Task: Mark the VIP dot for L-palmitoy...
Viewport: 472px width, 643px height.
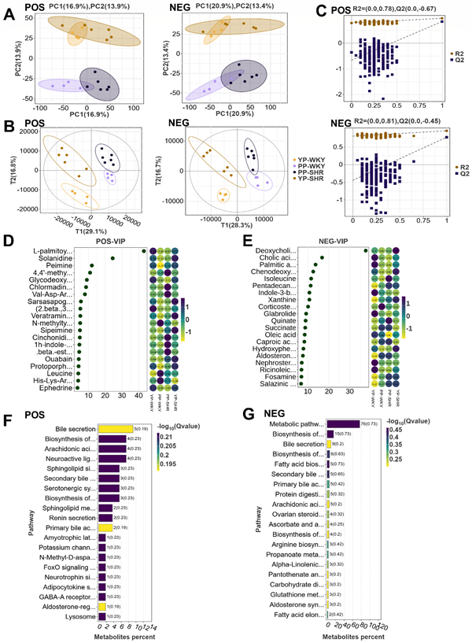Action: coord(143,251)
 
